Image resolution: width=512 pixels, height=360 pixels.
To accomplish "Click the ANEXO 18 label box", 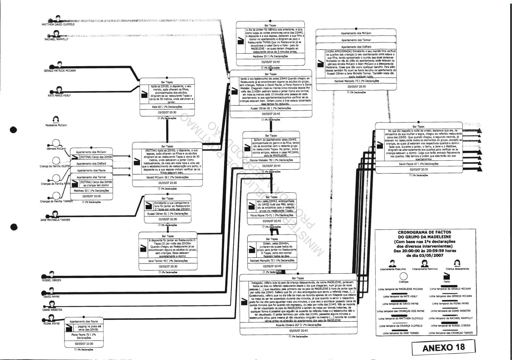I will [x=443, y=347].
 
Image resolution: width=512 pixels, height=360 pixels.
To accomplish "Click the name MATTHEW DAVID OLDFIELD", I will [x=58, y=25].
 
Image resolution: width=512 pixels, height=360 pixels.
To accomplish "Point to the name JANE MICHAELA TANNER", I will [x=55, y=220].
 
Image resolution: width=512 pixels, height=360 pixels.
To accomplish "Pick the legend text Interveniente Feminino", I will [x=424, y=269].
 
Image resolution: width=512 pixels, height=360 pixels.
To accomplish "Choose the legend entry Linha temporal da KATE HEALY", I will [x=400, y=296].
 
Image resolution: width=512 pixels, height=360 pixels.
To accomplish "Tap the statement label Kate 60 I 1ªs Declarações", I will [x=167, y=107].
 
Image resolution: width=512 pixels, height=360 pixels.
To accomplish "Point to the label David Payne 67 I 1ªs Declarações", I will [x=419, y=164].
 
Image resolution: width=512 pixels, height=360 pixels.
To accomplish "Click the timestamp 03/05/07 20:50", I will [x=356, y=87].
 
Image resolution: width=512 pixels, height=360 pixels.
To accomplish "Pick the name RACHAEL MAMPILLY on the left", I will [x=57, y=39].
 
